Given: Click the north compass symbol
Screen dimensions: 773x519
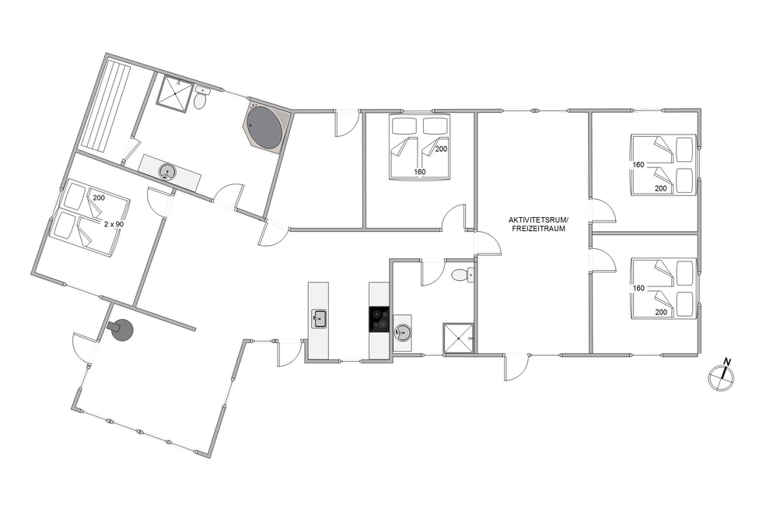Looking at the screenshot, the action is [x=721, y=377].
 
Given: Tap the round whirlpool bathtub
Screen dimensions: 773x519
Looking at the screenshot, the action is [x=265, y=127].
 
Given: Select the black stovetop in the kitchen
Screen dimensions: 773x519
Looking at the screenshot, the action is [x=379, y=319].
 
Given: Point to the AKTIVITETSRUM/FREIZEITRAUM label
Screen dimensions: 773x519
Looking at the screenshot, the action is [x=538, y=224].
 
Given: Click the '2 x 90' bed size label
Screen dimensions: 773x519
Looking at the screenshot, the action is [x=114, y=224].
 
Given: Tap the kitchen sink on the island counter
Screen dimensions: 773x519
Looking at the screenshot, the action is [x=319, y=319].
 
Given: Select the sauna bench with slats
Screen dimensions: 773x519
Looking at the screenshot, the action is [x=104, y=104].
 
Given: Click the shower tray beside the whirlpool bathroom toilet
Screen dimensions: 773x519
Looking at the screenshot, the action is [x=174, y=93].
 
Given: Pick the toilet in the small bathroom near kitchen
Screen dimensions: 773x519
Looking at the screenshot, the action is [x=463, y=275].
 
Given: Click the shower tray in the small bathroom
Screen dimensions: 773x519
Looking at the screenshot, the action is [x=459, y=338].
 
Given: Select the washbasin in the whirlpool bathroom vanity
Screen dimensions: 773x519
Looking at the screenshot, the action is [x=166, y=172].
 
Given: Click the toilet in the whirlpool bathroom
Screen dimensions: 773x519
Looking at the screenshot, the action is [x=201, y=98].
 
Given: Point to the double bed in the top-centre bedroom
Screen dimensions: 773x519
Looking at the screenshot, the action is [x=419, y=147].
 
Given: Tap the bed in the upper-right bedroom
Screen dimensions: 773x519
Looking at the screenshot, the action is [x=663, y=165].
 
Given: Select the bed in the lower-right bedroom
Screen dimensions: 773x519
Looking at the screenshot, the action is [x=663, y=289].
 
